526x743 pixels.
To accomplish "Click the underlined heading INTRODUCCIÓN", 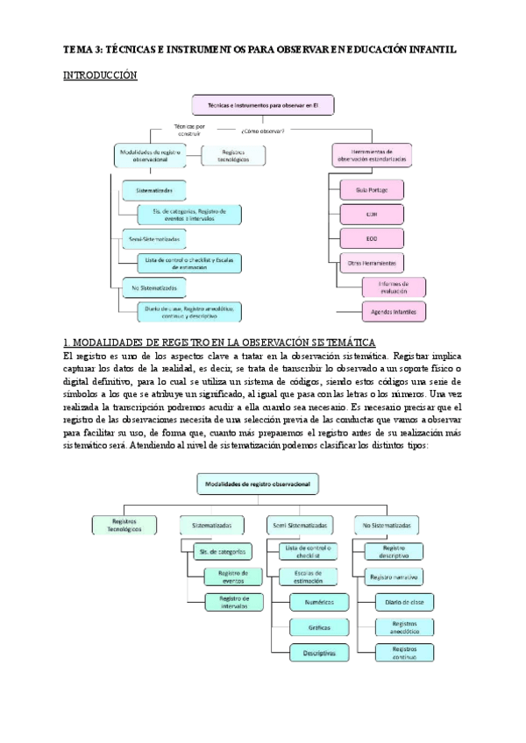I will tap(101, 76).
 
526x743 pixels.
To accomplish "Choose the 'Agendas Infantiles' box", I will tap(393, 311).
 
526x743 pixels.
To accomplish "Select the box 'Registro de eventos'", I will tap(227, 577).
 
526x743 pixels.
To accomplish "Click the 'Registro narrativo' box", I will tap(394, 577).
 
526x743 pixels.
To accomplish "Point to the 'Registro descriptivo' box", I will tap(394, 551).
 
